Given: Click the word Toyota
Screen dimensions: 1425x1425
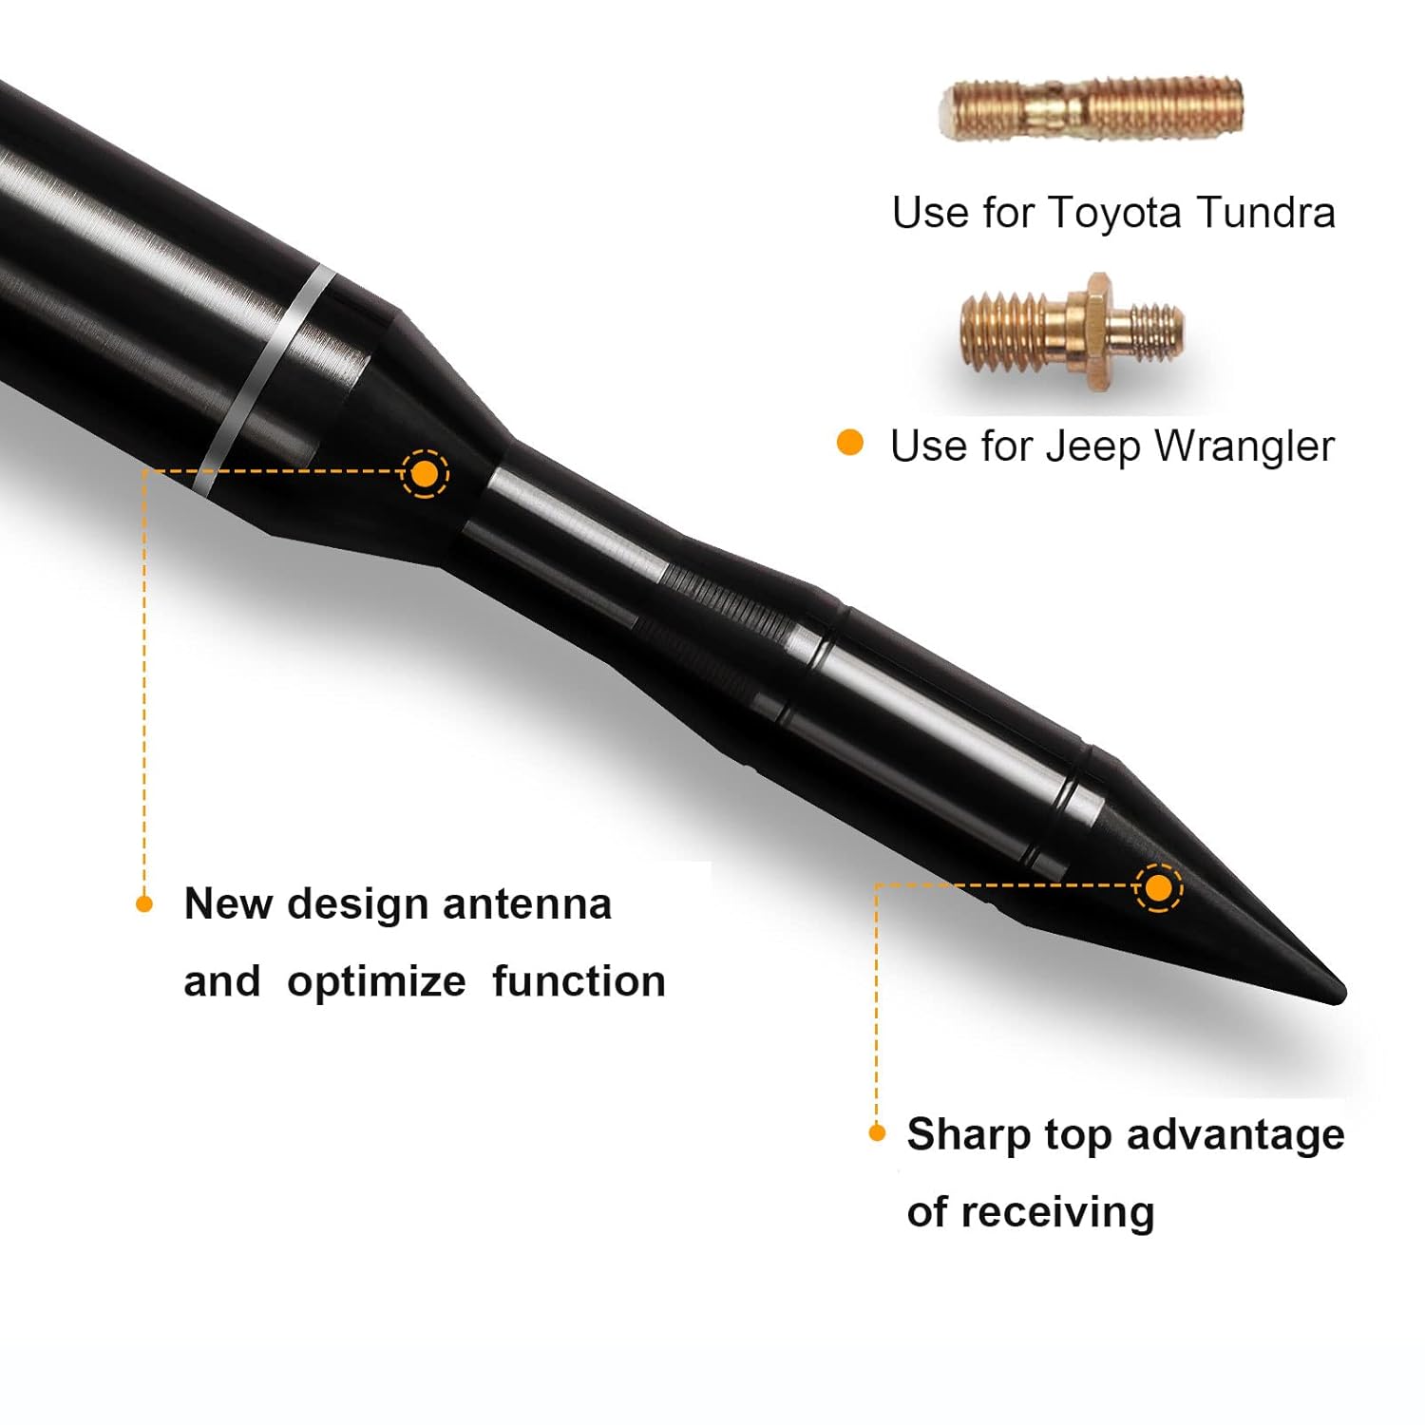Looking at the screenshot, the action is (1114, 214).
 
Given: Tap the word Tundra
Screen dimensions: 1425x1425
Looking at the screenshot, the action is (1265, 212).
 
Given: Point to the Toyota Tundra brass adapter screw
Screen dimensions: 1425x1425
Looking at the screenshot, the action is (1092, 108).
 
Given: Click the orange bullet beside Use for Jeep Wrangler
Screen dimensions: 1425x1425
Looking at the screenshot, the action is (849, 443).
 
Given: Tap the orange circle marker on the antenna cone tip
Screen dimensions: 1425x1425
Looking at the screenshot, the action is (1158, 888).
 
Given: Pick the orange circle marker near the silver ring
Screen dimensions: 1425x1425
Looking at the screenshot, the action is (425, 473).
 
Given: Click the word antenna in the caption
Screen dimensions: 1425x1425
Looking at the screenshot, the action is (527, 903).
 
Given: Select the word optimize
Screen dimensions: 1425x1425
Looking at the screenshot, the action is (376, 981).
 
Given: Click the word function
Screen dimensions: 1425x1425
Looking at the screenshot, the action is (579, 981).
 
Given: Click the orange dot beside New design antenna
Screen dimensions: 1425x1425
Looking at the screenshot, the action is (144, 903).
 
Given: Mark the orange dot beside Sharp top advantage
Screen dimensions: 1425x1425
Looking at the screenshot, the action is (877, 1132).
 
